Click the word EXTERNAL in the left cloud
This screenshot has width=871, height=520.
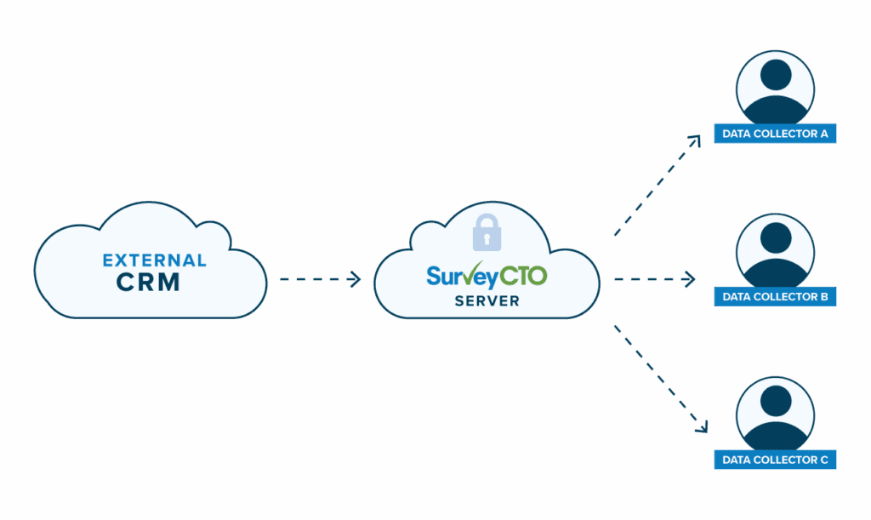(154, 260)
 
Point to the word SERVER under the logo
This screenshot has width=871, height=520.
(487, 301)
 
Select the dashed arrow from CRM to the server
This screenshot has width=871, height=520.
(319, 278)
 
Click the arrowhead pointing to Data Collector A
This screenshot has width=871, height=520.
(695, 140)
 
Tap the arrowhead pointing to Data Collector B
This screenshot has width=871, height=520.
(692, 278)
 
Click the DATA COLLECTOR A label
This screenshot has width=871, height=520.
(775, 134)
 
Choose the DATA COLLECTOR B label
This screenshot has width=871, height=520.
(775, 297)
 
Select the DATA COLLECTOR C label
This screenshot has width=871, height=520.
(775, 460)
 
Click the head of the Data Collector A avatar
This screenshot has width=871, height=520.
(775, 76)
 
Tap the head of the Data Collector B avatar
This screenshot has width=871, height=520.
(775, 239)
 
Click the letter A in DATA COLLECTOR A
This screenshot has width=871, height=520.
(823, 134)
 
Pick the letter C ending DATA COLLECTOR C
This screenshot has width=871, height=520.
(823, 460)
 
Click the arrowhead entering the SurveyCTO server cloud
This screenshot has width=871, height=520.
(356, 278)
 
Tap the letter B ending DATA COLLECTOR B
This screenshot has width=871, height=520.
(823, 297)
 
